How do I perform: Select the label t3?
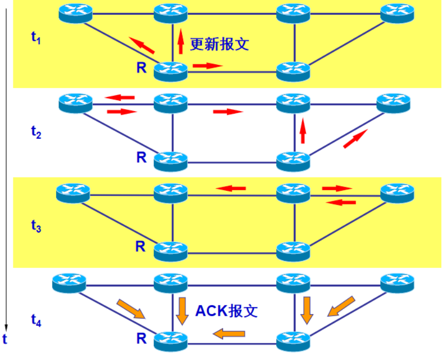click(x=35, y=226)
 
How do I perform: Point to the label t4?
click(x=35, y=320)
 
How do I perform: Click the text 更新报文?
click(x=219, y=44)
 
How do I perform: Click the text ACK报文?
click(x=227, y=311)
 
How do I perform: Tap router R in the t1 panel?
click(x=171, y=70)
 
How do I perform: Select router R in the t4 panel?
click(x=171, y=340)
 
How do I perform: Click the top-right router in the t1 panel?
click(x=397, y=12)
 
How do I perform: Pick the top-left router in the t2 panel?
click(x=75, y=103)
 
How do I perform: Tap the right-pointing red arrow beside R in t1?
click(x=208, y=66)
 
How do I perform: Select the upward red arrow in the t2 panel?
click(x=303, y=130)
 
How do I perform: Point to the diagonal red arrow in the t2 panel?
click(x=355, y=138)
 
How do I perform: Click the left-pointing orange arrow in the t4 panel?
click(x=229, y=334)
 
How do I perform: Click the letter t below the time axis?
click(x=5, y=339)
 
